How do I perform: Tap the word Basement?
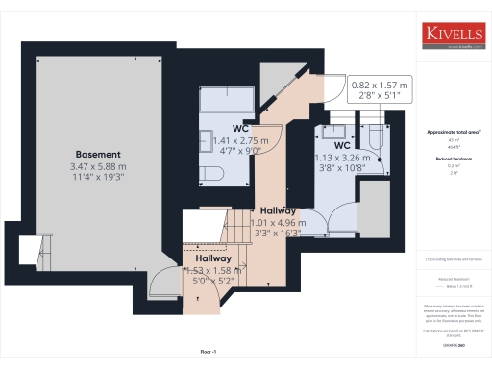point(98,154)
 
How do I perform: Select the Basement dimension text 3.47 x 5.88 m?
point(98,166)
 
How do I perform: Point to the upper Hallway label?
point(276,209)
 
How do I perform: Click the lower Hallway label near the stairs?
point(213,258)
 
